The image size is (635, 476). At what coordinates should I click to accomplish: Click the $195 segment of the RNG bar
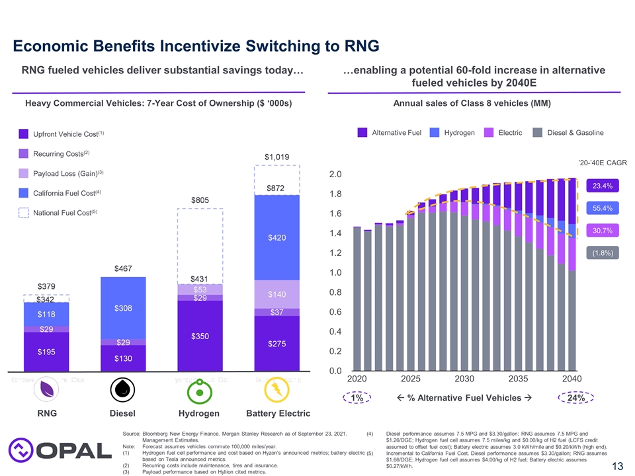46,352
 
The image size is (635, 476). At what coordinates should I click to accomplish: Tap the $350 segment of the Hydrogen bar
200,336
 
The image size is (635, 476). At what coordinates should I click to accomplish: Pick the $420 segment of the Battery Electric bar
277,237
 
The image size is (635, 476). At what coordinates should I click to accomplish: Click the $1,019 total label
277,157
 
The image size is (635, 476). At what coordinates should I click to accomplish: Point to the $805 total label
200,199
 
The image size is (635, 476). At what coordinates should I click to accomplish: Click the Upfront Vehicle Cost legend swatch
23,134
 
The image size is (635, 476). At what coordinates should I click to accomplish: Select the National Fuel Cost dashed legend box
23,213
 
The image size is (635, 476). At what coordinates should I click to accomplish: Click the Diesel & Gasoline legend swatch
538,133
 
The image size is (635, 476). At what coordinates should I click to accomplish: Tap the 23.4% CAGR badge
602,186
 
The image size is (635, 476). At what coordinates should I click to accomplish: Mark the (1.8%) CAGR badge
602,253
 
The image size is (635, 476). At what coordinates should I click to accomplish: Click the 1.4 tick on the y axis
335,234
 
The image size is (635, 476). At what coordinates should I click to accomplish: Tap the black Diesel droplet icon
122,390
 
